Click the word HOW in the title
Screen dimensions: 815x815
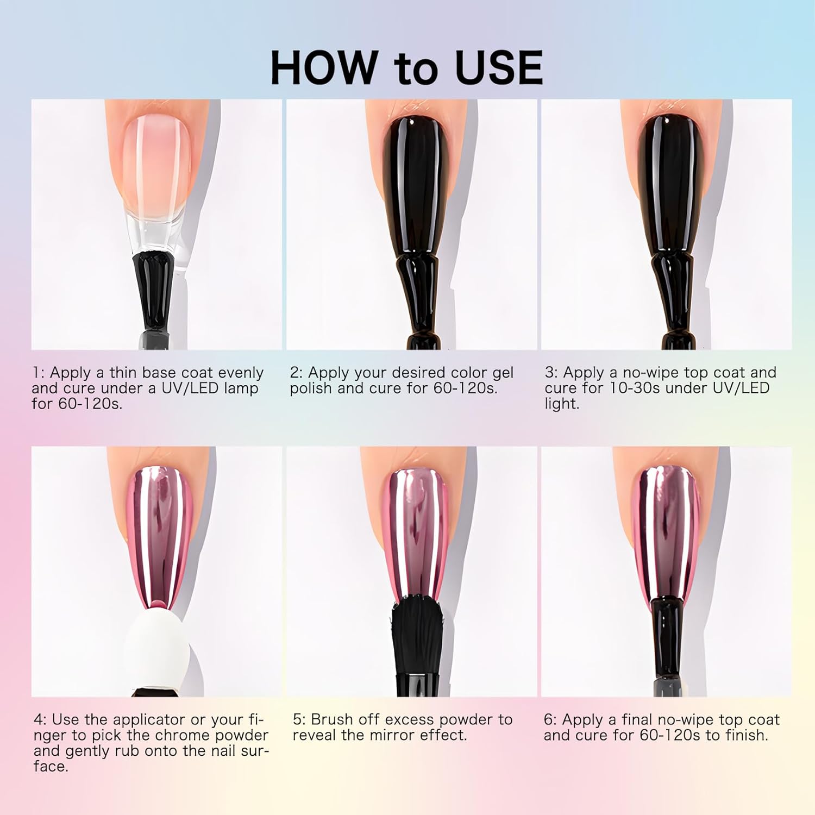[x=323, y=67]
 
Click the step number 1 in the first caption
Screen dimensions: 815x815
[x=36, y=373]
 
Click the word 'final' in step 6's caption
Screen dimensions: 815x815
[x=635, y=720]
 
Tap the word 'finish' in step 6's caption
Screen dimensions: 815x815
[x=744, y=736]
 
